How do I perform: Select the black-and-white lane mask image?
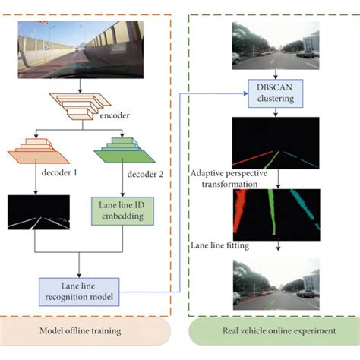[x=38, y=212]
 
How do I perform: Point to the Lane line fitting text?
[x=219, y=245]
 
